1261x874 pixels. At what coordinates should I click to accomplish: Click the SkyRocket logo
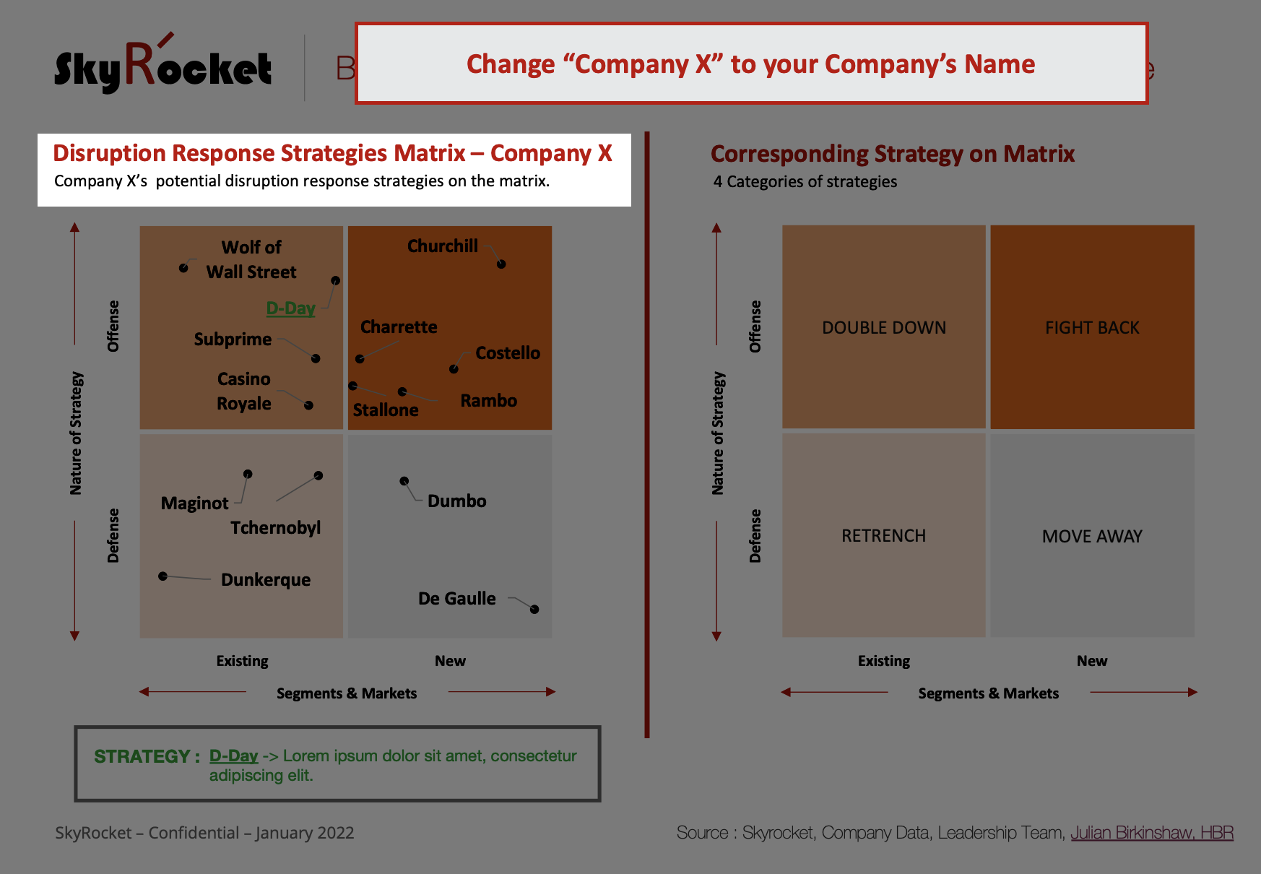(x=163, y=66)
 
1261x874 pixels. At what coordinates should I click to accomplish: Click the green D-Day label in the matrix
(x=290, y=308)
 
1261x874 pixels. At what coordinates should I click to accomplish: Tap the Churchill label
(x=443, y=246)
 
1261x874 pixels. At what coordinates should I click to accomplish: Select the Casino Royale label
(x=244, y=391)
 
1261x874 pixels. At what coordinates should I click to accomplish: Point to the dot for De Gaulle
(x=534, y=610)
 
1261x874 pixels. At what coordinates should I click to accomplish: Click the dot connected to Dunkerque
(x=163, y=576)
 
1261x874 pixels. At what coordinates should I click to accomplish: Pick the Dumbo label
(x=457, y=501)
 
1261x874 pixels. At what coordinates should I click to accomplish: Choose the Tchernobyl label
(x=276, y=528)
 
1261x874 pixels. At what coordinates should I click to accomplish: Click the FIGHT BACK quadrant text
(x=1092, y=328)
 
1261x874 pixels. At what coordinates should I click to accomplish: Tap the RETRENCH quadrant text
(x=883, y=536)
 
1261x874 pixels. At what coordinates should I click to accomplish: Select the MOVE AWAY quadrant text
(x=1092, y=537)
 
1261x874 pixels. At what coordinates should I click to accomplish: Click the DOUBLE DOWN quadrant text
(x=884, y=328)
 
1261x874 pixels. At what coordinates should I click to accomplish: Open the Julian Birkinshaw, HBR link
(x=1152, y=833)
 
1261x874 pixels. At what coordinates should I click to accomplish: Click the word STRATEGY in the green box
(x=142, y=756)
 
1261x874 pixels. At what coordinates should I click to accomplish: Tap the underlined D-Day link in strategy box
(x=234, y=756)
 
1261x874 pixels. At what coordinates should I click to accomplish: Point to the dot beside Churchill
(x=501, y=264)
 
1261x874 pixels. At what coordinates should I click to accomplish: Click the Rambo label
(x=489, y=401)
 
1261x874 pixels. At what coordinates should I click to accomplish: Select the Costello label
(x=508, y=353)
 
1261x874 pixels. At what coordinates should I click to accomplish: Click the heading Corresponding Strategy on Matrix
(x=893, y=154)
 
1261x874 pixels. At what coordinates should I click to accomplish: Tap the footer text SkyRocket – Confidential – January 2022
(x=204, y=833)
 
